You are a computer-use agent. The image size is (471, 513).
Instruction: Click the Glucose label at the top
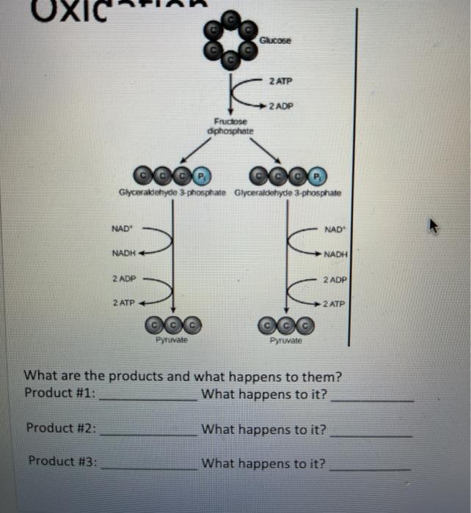[x=275, y=41]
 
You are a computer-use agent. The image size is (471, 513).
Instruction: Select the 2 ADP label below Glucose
[x=280, y=106]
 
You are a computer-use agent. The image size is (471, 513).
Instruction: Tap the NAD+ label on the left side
[x=122, y=229]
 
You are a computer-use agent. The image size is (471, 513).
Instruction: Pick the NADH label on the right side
[x=335, y=255]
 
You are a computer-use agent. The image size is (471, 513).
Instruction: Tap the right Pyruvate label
[x=285, y=341]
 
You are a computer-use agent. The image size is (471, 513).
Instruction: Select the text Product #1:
[x=60, y=393]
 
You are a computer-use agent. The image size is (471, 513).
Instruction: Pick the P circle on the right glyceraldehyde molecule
[x=316, y=176]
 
